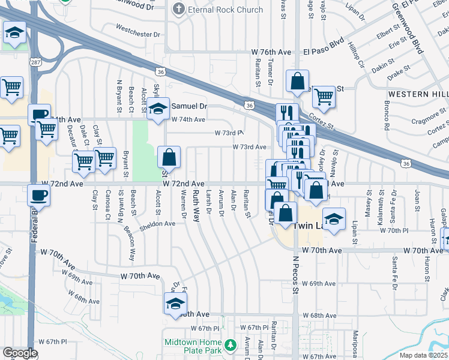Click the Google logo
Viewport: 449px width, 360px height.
tap(20, 353)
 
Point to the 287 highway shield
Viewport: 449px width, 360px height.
tap(35, 61)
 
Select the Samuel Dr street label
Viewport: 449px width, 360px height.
tap(189, 106)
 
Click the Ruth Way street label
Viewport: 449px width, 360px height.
tap(196, 206)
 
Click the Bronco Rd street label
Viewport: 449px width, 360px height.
tap(387, 119)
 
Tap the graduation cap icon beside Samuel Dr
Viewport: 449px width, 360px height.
tap(158, 109)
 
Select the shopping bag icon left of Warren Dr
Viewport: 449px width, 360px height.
tap(169, 158)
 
